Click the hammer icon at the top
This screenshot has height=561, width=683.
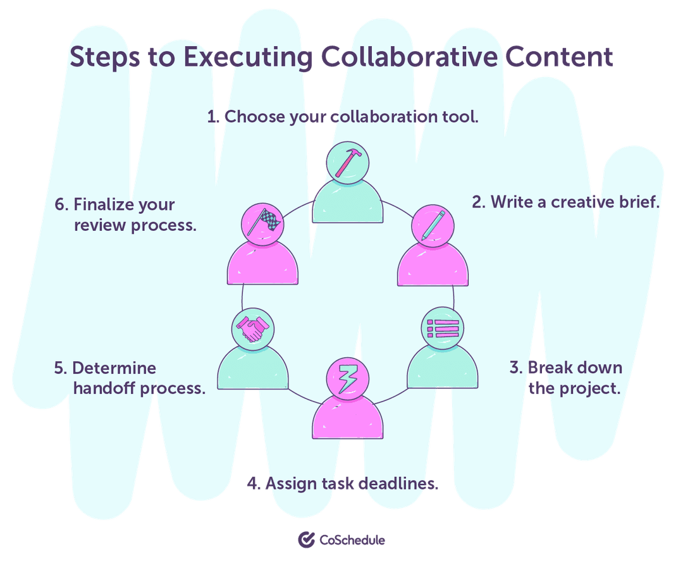tap(347, 162)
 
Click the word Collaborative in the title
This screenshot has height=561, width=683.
tap(408, 57)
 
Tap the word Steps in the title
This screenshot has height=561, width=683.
tap(105, 57)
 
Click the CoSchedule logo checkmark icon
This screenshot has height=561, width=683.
tap(306, 539)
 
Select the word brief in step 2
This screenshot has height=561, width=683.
tap(639, 202)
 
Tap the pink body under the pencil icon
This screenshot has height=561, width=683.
tap(433, 266)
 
